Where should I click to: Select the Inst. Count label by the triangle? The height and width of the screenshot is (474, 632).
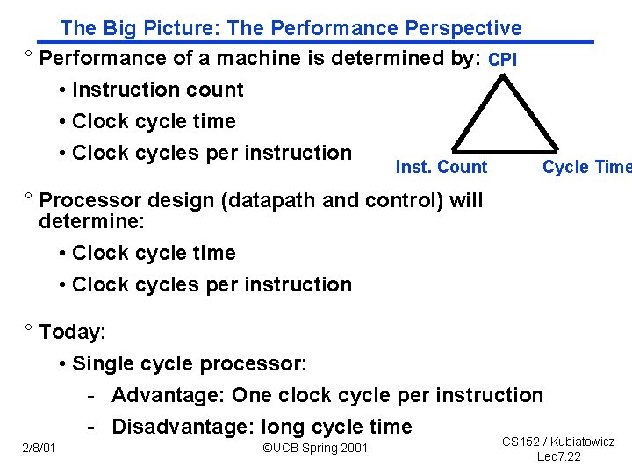click(x=442, y=167)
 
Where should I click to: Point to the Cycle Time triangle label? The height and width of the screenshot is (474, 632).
click(x=585, y=167)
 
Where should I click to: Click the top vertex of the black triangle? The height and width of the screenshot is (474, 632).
click(x=503, y=76)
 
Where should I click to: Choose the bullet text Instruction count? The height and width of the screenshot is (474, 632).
click(x=158, y=90)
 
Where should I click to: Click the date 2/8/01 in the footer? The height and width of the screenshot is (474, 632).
click(x=39, y=449)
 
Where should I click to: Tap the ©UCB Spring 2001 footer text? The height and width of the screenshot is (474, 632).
click(x=316, y=449)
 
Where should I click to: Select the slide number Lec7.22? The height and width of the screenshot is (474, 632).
click(x=558, y=456)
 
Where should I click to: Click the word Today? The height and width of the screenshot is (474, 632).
click(x=73, y=332)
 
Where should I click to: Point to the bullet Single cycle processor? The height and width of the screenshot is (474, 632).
click(x=190, y=363)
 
